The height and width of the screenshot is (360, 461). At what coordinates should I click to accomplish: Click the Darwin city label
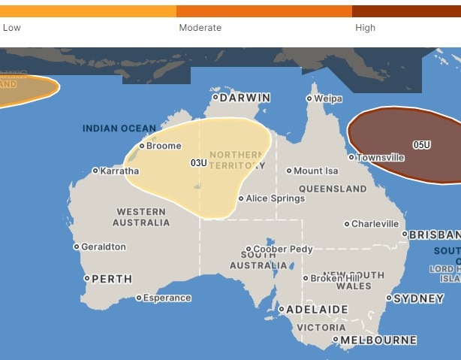point(245,97)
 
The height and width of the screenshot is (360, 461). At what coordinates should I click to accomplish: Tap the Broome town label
point(164,145)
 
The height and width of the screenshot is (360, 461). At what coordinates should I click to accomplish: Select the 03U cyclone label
point(198,163)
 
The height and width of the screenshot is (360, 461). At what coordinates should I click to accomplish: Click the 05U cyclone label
point(421,144)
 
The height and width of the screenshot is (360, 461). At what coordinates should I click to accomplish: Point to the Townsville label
point(380,158)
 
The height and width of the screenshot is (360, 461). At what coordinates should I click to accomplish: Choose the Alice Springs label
point(276,198)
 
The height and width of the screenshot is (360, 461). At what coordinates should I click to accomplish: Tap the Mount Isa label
point(316,171)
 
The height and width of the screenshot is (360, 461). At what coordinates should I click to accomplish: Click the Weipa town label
point(328,98)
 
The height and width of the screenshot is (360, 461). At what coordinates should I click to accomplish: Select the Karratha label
point(120,171)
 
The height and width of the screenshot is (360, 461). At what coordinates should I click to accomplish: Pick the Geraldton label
point(104,247)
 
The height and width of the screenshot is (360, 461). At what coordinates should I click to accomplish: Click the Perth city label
point(111,279)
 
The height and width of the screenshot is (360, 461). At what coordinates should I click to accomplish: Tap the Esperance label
point(167,298)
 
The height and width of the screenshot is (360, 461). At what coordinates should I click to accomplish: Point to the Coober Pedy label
point(282,249)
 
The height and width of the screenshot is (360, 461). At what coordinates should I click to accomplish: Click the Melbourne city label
point(378,340)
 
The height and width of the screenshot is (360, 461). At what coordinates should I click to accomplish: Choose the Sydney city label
point(418,298)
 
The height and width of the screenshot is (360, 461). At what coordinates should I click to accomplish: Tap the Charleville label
point(375,224)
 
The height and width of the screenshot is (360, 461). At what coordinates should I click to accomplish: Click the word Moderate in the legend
point(200,28)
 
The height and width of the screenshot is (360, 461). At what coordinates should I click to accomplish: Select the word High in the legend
point(365,28)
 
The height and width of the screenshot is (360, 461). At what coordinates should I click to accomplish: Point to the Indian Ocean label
point(119,129)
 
